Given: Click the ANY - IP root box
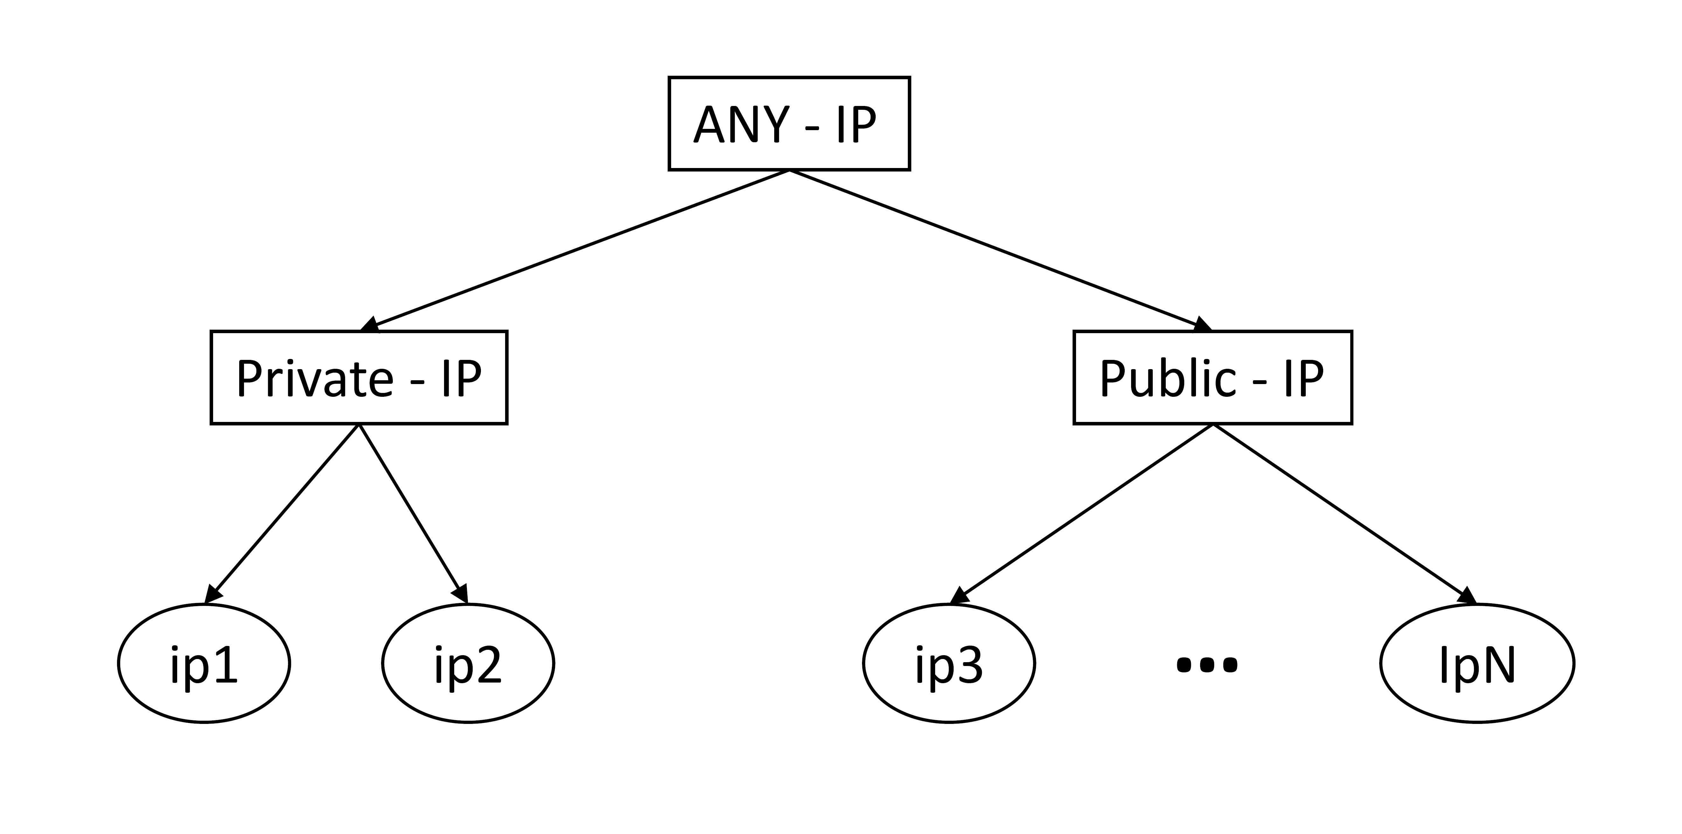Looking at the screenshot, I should pyautogui.click(x=789, y=123).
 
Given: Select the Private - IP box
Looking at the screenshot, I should pyautogui.click(x=358, y=377).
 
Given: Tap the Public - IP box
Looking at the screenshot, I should pyautogui.click(x=1213, y=377).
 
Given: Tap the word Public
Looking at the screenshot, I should pyautogui.click(x=1167, y=379).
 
